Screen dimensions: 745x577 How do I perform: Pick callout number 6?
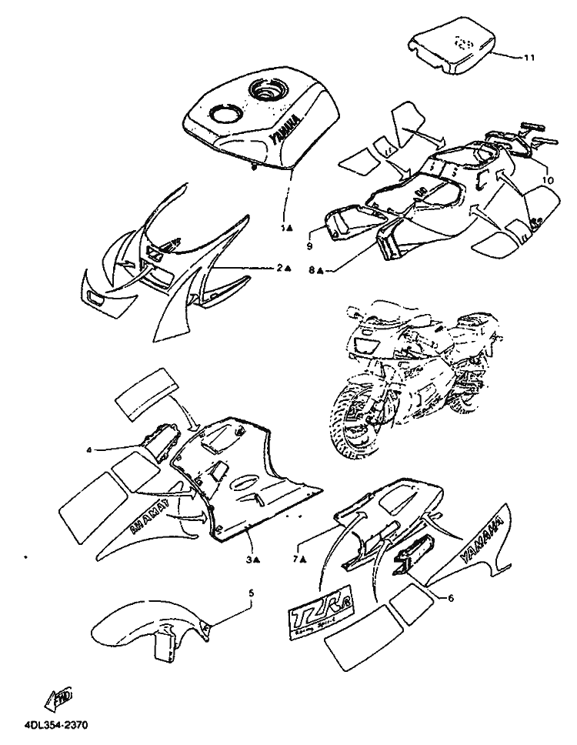pos(449,595)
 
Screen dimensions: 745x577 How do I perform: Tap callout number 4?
pos(89,449)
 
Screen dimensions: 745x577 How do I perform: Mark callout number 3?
pos(249,560)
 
